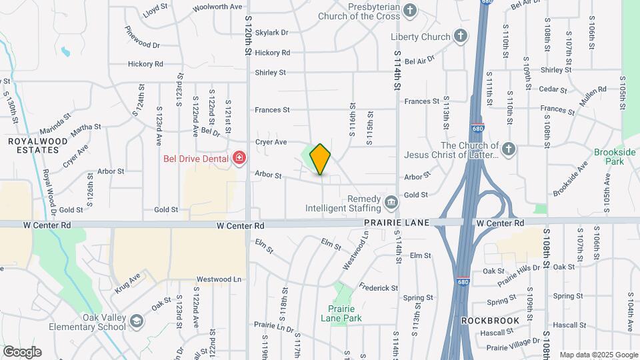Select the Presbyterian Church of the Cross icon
click(410, 10)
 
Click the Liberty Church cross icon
click(460, 36)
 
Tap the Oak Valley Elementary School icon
click(136, 322)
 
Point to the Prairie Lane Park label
click(345, 313)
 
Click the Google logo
click(22, 352)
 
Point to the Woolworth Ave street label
click(217, 7)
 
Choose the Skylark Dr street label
click(271, 32)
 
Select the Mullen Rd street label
click(592, 93)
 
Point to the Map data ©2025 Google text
click(598, 355)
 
